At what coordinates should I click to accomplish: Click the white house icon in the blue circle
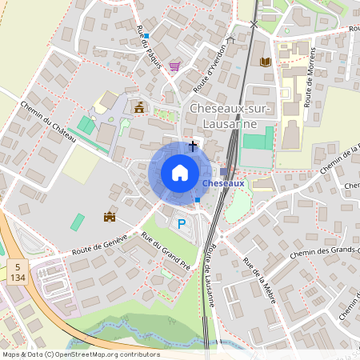click(x=180, y=172)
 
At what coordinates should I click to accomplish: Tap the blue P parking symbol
click(x=182, y=224)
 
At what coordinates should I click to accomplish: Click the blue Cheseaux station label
click(x=223, y=183)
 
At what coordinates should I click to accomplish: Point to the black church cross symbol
click(x=192, y=146)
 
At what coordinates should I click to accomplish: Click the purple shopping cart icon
click(x=174, y=66)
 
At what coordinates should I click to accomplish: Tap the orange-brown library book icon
click(x=266, y=61)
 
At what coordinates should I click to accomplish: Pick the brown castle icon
click(x=110, y=216)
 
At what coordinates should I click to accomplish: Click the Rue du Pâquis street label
click(x=149, y=47)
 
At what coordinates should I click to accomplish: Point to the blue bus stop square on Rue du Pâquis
click(x=146, y=36)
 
